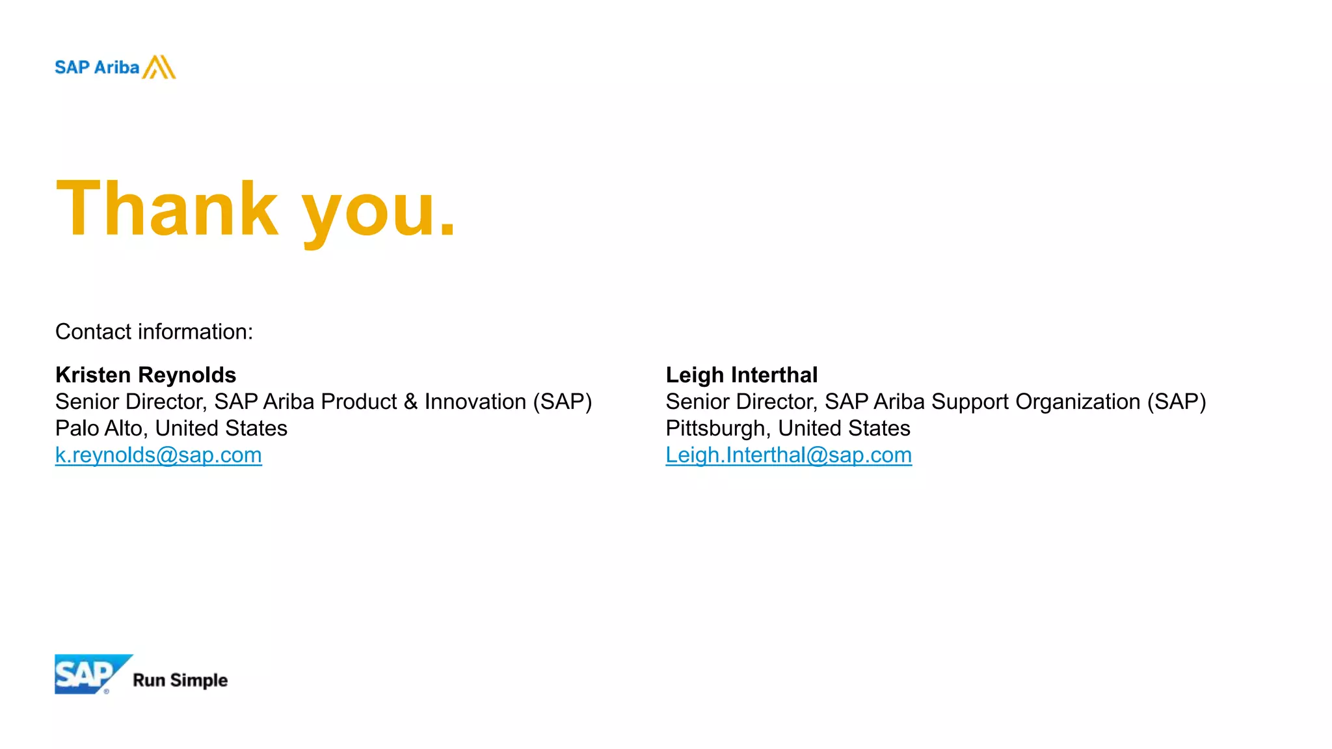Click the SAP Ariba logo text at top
click(x=97, y=68)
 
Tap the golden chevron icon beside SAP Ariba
click(x=159, y=67)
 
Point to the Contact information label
click(x=154, y=332)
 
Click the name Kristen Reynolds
click(x=146, y=375)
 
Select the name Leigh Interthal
click(x=741, y=375)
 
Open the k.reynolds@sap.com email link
click(x=159, y=455)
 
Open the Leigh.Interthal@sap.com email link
click(x=788, y=455)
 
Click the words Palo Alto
click(x=99, y=428)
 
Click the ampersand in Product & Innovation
click(x=410, y=402)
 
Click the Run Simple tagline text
click(x=180, y=680)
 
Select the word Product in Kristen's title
click(x=359, y=402)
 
